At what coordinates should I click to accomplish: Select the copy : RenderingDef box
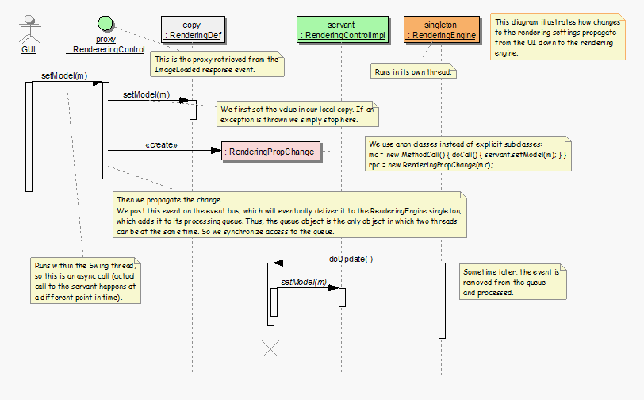coord(192,30)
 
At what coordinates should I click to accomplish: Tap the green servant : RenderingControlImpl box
coord(342,30)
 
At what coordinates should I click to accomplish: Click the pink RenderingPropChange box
coord(270,151)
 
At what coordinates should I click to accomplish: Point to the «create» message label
coord(162,145)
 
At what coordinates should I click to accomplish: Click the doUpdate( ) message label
coord(351,258)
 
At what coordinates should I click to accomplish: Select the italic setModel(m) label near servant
coord(304,282)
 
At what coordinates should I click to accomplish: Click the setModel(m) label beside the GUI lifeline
coord(64,75)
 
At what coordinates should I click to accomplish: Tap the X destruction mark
coord(270,347)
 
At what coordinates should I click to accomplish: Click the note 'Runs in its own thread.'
coord(412,72)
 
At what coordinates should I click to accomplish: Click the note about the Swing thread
coord(86,280)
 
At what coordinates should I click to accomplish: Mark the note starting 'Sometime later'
coord(512,282)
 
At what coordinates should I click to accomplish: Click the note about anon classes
coord(466,155)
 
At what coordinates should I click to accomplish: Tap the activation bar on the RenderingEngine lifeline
coord(441,300)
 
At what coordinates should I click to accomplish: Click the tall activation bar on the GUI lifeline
coord(29,136)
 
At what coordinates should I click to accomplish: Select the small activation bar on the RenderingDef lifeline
coord(193,110)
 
